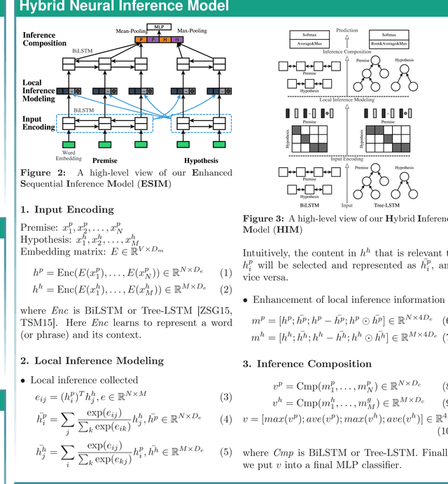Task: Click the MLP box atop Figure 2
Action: tap(158, 26)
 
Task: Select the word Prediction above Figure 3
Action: tap(347, 30)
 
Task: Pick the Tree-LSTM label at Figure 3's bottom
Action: tap(386, 206)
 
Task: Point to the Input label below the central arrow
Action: tap(347, 206)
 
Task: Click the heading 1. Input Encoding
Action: tap(67, 209)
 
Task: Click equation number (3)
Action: tap(225, 397)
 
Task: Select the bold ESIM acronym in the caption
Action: tap(159, 184)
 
